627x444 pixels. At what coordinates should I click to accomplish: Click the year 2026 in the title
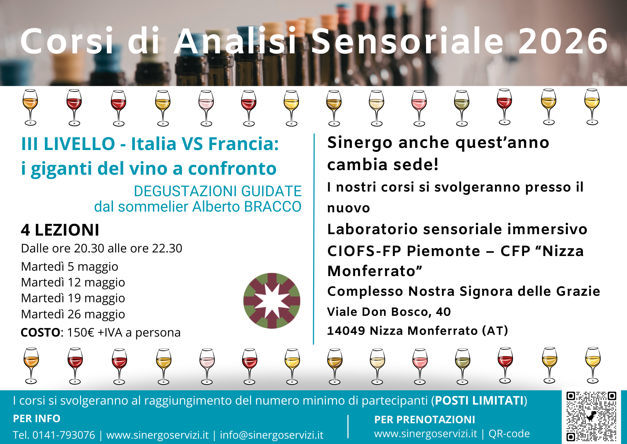pyautogui.click(x=563, y=42)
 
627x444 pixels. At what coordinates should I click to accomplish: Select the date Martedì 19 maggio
pyautogui.click(x=73, y=298)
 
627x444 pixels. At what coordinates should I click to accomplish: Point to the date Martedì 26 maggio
pyautogui.click(x=73, y=314)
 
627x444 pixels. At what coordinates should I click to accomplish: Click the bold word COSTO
pyautogui.click(x=41, y=333)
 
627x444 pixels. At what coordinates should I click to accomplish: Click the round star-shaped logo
pyautogui.click(x=272, y=301)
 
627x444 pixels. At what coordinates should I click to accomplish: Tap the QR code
pyautogui.click(x=591, y=416)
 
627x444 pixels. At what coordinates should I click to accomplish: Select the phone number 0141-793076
pyautogui.click(x=64, y=435)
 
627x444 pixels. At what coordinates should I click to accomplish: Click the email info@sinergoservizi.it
pyautogui.click(x=272, y=435)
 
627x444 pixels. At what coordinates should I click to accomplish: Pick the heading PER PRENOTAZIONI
pyautogui.click(x=425, y=420)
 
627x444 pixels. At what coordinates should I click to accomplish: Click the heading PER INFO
pyautogui.click(x=37, y=419)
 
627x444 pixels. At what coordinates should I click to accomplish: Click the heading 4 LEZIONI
pyautogui.click(x=60, y=230)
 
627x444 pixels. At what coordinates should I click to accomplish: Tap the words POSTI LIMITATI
pyautogui.click(x=479, y=401)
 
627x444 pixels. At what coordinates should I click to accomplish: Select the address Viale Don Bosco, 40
pyautogui.click(x=389, y=312)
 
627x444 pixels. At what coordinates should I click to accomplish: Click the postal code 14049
pyautogui.click(x=346, y=331)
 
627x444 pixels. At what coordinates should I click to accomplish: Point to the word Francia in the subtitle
pyautogui.click(x=243, y=144)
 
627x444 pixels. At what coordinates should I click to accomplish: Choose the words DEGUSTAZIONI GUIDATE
pyautogui.click(x=217, y=191)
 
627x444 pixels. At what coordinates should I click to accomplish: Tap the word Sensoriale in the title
pyautogui.click(x=407, y=42)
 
